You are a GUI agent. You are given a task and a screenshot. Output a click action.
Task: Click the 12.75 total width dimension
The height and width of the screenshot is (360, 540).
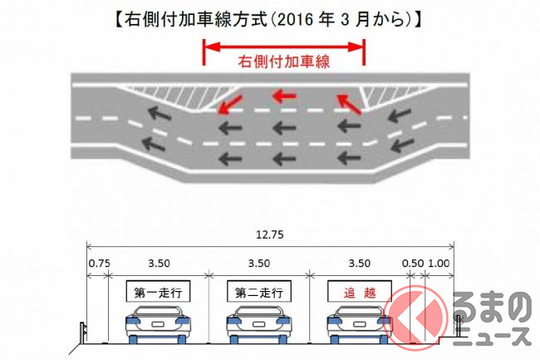271,234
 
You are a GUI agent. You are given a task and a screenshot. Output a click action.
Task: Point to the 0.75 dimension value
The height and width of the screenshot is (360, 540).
98,264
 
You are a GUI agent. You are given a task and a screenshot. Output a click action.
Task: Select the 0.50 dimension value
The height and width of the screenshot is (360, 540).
413,264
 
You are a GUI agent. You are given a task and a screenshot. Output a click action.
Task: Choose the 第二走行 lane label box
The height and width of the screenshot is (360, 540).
258,293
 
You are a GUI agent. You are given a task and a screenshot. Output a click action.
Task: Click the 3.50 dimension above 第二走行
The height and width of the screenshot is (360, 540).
258,264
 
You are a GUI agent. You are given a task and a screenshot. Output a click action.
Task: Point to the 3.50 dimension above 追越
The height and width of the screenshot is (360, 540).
357,264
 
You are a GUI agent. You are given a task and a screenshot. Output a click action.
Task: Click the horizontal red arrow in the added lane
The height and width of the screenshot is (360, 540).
284,96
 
